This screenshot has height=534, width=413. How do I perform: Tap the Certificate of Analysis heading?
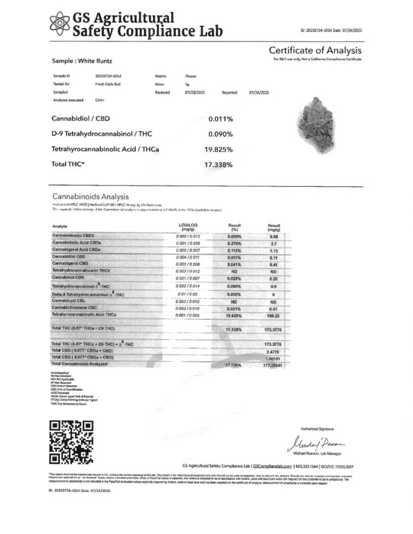tap(315, 51)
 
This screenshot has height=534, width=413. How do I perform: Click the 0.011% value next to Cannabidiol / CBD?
tap(220, 119)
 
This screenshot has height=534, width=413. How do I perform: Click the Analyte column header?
tap(60, 226)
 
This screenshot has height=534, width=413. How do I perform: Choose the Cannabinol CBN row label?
tap(70, 276)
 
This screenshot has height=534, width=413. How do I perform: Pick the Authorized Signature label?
tap(316, 428)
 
